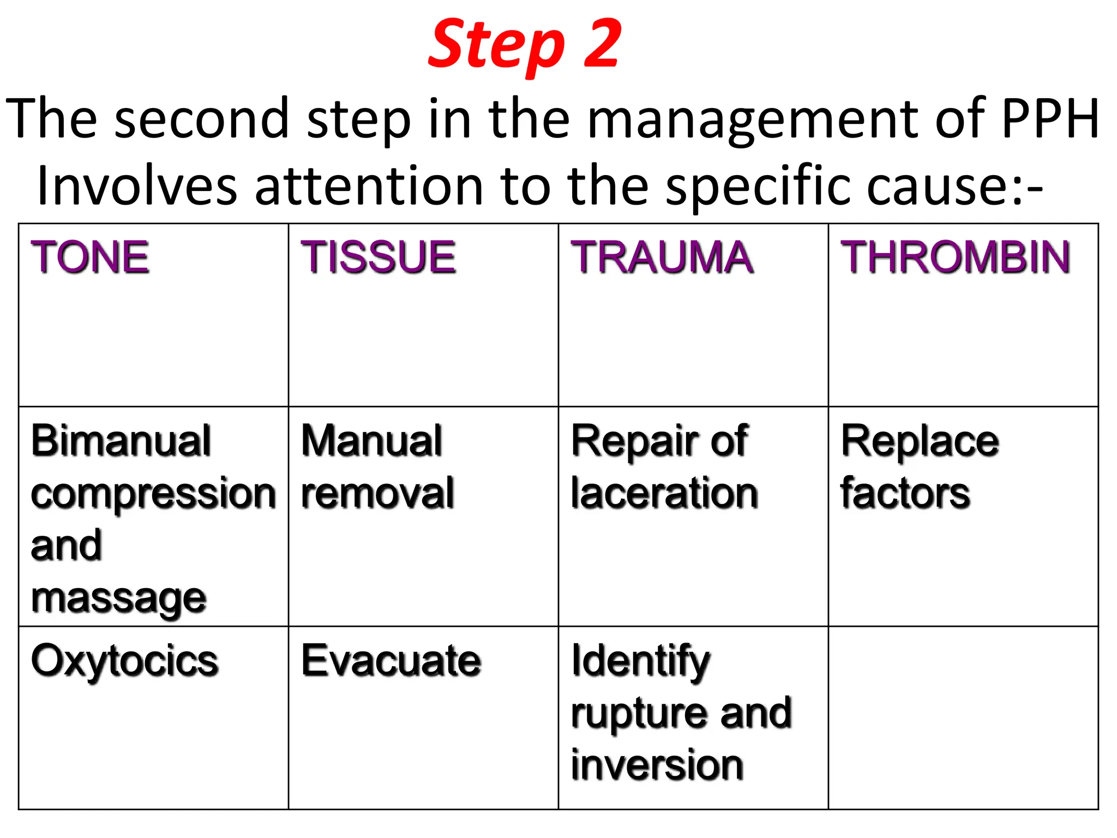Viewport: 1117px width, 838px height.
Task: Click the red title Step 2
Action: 525,45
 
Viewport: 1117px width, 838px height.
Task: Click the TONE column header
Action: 90,257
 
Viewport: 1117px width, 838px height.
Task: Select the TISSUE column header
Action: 378,257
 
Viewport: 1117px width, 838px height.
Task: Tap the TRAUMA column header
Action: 662,257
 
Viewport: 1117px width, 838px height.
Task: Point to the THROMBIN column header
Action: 956,257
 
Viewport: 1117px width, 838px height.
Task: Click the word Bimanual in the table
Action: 121,441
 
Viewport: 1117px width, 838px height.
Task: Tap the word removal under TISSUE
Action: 377,493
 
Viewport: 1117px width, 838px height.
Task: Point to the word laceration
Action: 664,493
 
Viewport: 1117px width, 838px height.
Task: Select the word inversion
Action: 657,765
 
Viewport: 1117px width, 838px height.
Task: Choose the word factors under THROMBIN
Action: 905,493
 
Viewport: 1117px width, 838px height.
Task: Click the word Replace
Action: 920,441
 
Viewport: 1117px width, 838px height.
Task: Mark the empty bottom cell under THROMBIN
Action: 963,717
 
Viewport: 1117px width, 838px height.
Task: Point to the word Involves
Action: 137,186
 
